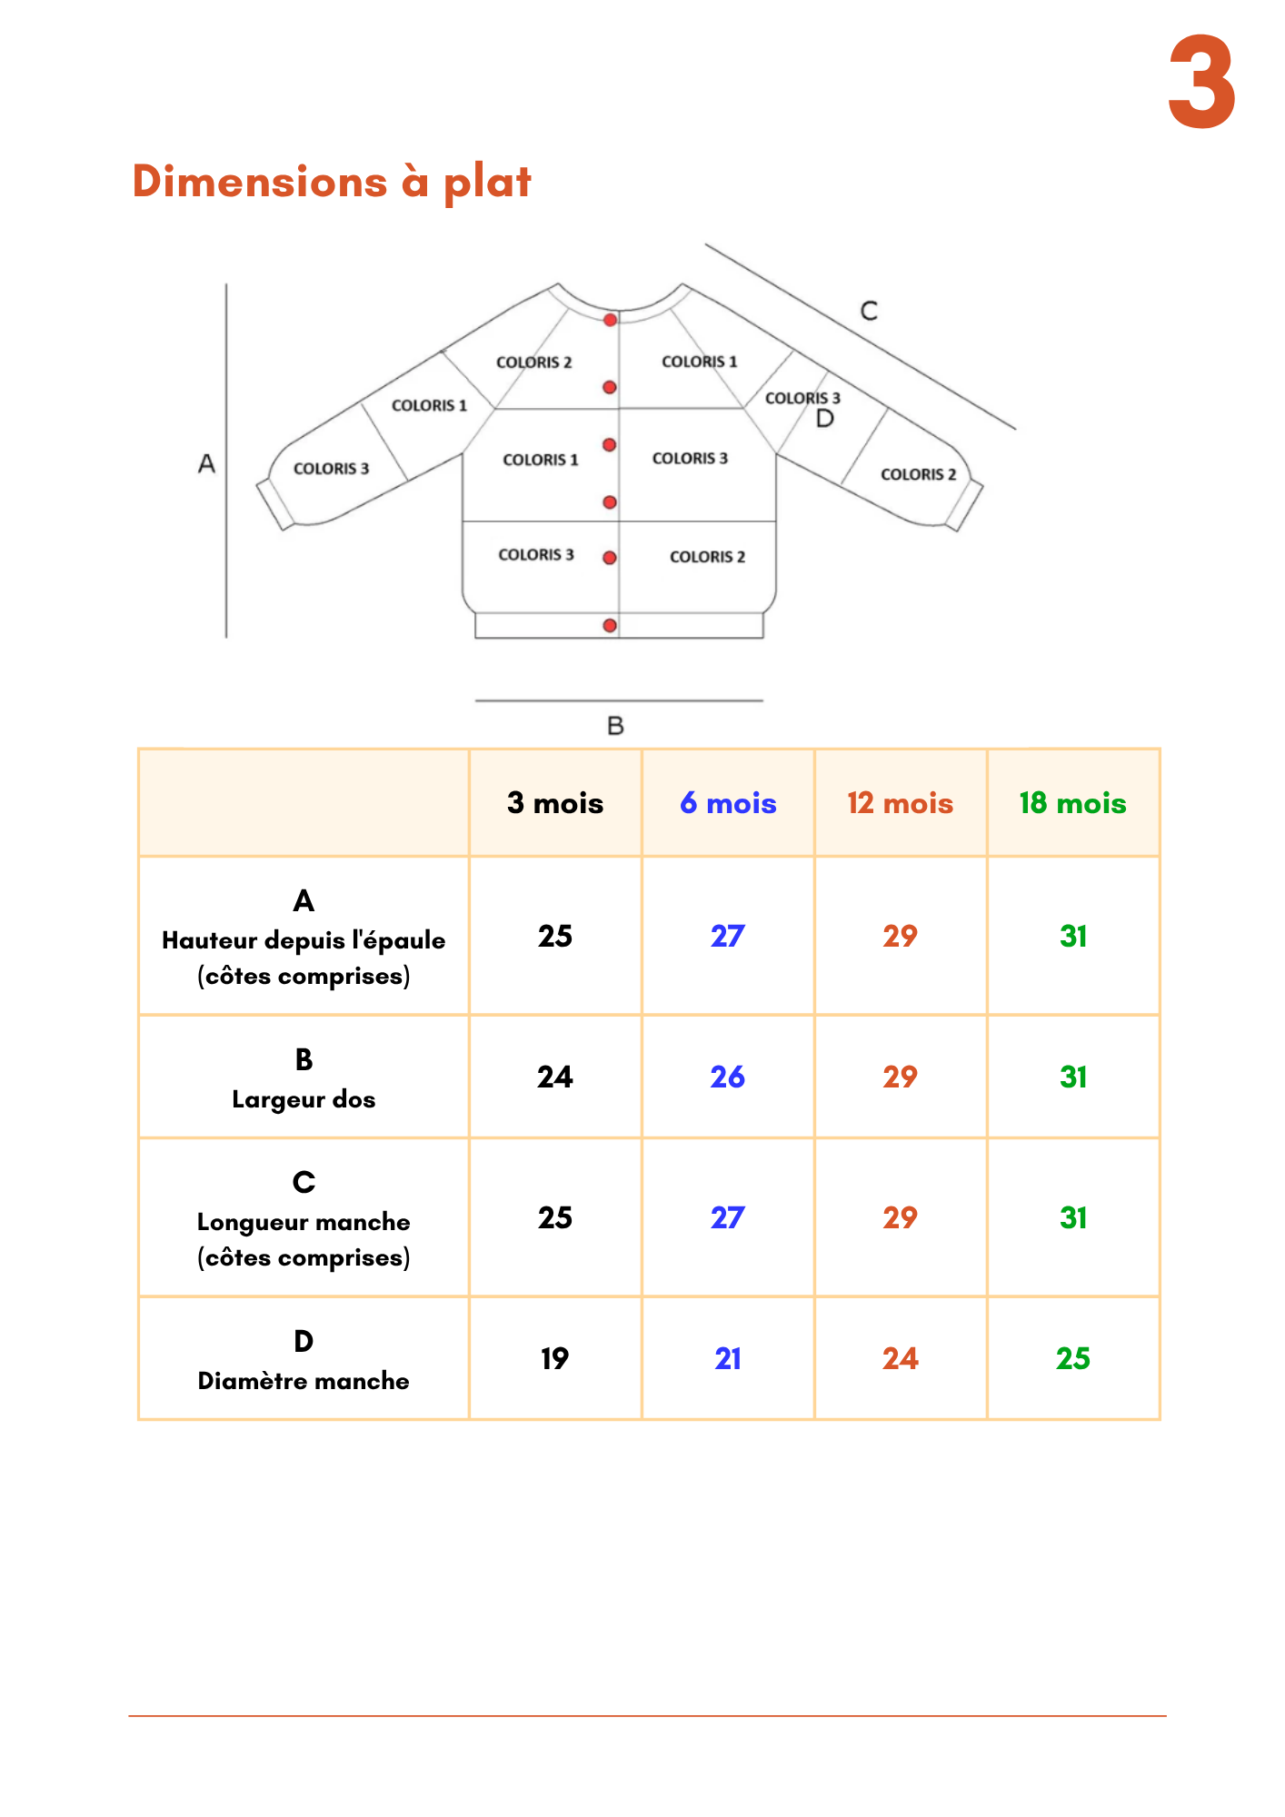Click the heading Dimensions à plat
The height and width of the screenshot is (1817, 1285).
pos(332,182)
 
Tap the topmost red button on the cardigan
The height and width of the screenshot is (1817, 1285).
pos(611,320)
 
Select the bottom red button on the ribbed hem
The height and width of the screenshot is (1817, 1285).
pos(610,625)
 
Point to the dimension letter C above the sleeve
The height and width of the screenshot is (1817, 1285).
pos(869,311)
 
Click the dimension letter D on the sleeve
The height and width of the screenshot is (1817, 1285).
pos(825,419)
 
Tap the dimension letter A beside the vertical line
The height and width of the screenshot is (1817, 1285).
pos(207,464)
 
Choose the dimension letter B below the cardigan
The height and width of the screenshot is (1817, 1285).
pos(615,726)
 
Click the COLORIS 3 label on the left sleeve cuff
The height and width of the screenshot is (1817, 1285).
pos(331,469)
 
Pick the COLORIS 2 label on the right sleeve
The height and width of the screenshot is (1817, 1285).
pos(918,474)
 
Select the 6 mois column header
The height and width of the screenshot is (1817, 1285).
pos(728,803)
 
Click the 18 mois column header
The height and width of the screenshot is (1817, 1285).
pos(1072,803)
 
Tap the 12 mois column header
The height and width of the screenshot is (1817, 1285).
pos(900,803)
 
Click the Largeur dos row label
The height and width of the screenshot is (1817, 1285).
pos(304,1099)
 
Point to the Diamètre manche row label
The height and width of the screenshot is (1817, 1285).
pos(304,1381)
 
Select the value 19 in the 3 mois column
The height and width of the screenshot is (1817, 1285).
pos(554,1358)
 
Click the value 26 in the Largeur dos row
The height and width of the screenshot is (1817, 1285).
pos(727,1077)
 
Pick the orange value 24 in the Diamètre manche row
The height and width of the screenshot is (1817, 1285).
pos(900,1358)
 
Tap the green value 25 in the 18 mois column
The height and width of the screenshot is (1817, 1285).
pos(1072,1358)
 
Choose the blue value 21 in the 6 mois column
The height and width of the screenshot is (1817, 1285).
pos(727,1358)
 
